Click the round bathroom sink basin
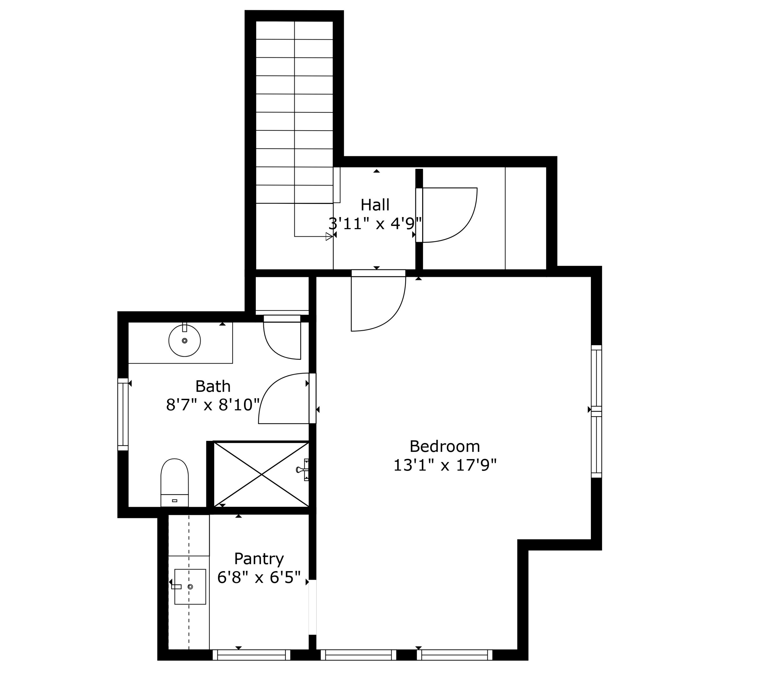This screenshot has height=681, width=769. (184, 341)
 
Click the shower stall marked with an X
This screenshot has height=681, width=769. (261, 475)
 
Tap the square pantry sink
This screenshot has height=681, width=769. (190, 587)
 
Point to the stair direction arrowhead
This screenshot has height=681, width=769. (329, 236)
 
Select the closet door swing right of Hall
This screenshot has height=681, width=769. (448, 215)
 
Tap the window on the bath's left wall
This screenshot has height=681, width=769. (123, 414)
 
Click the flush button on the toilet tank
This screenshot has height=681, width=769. (174, 501)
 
